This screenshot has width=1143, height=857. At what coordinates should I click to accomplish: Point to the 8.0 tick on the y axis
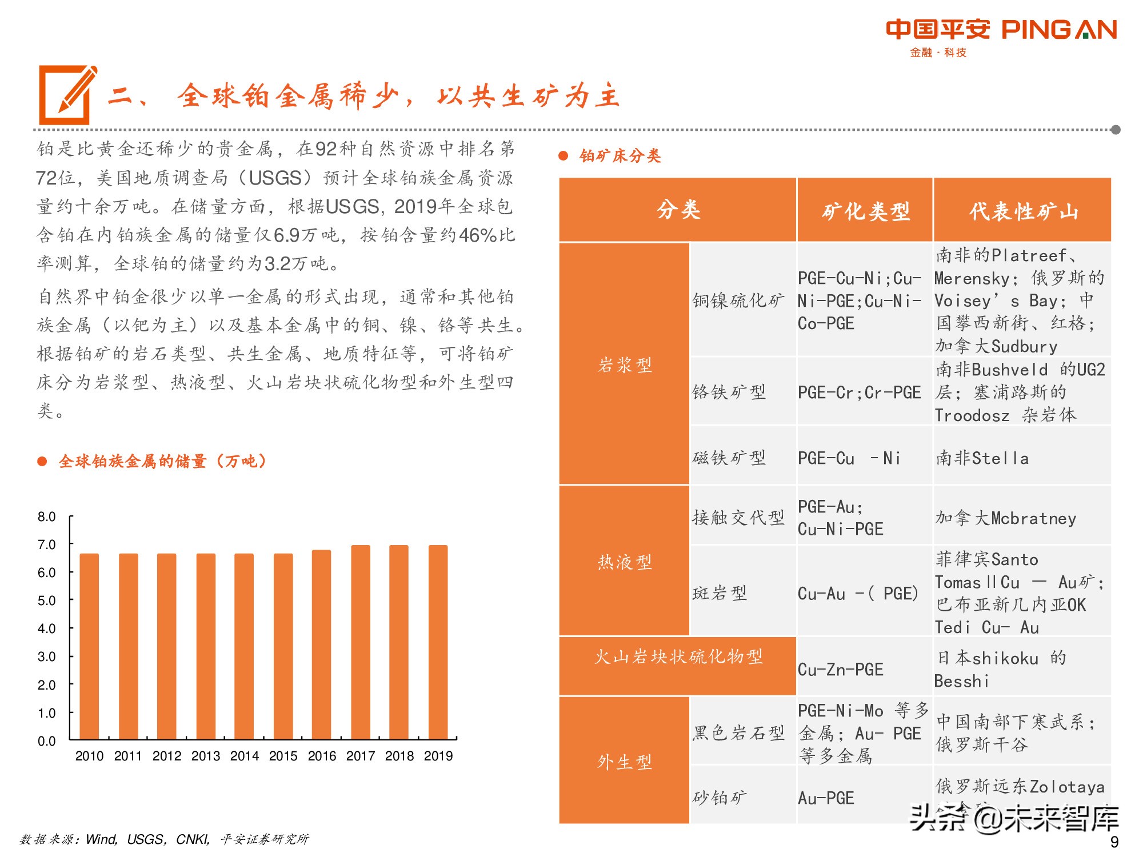(x=47, y=517)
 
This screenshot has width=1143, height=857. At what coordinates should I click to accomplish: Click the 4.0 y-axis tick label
(x=47, y=628)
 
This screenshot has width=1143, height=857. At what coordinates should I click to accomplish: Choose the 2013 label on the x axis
(x=206, y=756)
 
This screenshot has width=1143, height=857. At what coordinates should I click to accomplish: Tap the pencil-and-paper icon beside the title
(x=66, y=95)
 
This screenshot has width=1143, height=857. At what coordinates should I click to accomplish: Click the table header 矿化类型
(x=865, y=211)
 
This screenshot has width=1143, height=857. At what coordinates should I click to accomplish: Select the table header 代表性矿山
(x=1022, y=211)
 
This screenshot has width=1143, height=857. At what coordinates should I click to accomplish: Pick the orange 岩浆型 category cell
(x=624, y=364)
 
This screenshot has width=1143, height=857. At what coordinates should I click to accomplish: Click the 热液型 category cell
(x=624, y=561)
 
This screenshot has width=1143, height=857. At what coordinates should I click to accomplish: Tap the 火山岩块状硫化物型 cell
(x=678, y=656)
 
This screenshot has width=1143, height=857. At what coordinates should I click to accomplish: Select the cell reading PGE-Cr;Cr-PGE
(x=859, y=393)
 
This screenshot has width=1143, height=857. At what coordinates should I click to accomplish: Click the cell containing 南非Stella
(x=982, y=458)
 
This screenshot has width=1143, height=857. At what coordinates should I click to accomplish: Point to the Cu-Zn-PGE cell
(x=840, y=669)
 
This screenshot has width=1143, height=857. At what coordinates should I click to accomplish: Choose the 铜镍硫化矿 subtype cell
(x=738, y=300)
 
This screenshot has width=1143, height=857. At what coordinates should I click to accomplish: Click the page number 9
(x=1114, y=842)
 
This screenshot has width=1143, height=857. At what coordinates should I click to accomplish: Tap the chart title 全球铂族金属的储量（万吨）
(x=162, y=461)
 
